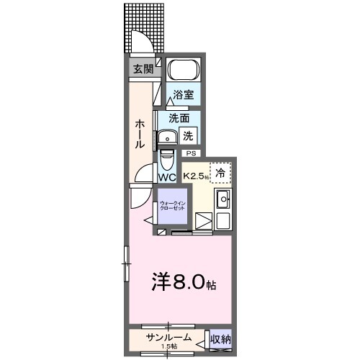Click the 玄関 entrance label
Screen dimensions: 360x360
click(x=143, y=69)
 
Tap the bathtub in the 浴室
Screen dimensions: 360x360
click(x=183, y=71)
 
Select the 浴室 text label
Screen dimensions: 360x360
click(x=183, y=94)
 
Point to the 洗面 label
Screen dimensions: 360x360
click(x=179, y=118)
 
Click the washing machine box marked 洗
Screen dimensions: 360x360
click(x=189, y=134)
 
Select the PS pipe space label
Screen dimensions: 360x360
click(x=191, y=153)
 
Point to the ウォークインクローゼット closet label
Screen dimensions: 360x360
click(x=173, y=206)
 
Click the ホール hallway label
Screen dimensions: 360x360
click(x=140, y=134)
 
